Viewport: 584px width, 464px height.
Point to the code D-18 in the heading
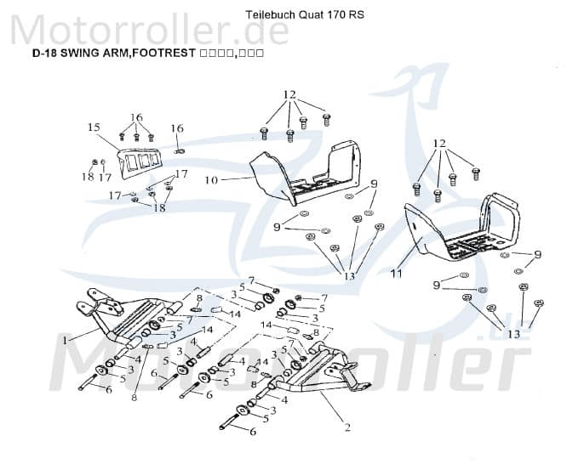44,53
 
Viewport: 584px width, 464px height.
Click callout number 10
212,179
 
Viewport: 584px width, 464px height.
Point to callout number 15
94,127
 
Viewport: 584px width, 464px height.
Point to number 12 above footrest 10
289,94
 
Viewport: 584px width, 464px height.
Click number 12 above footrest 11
439,143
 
